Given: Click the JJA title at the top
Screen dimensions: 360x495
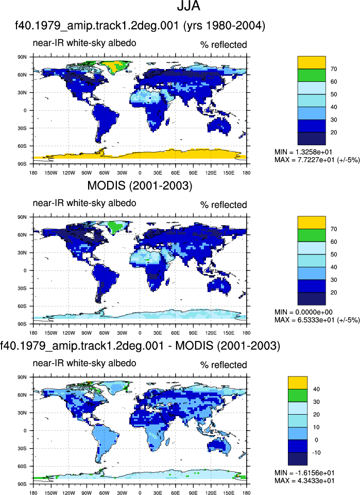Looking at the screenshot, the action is pyautogui.click(x=188, y=6).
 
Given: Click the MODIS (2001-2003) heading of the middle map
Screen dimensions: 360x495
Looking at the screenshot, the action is pyautogui.click(x=140, y=185).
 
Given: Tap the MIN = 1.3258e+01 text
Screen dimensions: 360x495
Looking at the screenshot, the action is pyautogui.click(x=303, y=152).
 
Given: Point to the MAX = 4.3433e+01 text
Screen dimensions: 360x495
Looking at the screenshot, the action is pyautogui.click(x=304, y=481).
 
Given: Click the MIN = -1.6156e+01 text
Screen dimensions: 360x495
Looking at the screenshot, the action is pyautogui.click(x=304, y=473).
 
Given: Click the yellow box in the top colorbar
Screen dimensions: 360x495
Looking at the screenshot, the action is pyautogui.click(x=312, y=62).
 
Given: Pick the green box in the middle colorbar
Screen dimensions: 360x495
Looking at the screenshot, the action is pyautogui.click(x=312, y=235).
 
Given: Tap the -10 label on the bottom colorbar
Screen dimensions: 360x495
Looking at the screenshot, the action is pyautogui.click(x=316, y=453).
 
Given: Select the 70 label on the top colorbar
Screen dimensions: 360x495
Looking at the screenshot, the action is pyautogui.click(x=334, y=69).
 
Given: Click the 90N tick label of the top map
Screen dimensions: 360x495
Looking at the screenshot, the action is pyautogui.click(x=22, y=57).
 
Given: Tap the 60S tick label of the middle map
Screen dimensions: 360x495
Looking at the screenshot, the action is pyautogui.click(x=22, y=306).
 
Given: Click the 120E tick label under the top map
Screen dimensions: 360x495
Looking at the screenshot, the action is pyautogui.click(x=211, y=173).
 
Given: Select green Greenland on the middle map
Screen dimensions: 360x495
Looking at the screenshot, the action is pyautogui.click(x=115, y=226).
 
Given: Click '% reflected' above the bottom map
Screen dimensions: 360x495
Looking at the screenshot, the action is pyautogui.click(x=224, y=365).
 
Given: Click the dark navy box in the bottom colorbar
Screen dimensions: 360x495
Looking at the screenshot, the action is pyautogui.click(x=298, y=459).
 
